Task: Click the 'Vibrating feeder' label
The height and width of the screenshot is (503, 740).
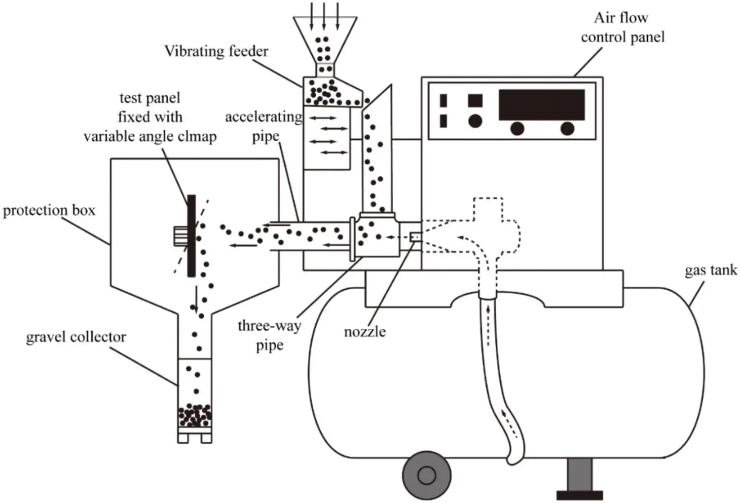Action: (x=216, y=51)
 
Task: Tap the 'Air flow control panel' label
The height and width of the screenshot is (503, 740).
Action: (x=622, y=28)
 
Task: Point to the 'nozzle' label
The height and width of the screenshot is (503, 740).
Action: (x=365, y=331)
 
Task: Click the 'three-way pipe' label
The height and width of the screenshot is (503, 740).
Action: (x=269, y=335)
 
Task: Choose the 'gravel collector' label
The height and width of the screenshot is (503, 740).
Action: (x=76, y=337)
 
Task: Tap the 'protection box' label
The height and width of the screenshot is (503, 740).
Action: (x=49, y=211)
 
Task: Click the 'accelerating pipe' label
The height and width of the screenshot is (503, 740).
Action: (x=263, y=126)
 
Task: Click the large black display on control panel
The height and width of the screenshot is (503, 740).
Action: (x=541, y=104)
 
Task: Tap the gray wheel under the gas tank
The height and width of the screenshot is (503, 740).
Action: (x=426, y=475)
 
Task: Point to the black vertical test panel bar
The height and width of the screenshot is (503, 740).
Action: (x=191, y=236)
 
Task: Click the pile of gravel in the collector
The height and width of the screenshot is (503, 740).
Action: (x=194, y=416)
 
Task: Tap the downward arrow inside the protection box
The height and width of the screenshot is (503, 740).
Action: (x=196, y=299)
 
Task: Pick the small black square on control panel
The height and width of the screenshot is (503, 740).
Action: (x=475, y=100)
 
